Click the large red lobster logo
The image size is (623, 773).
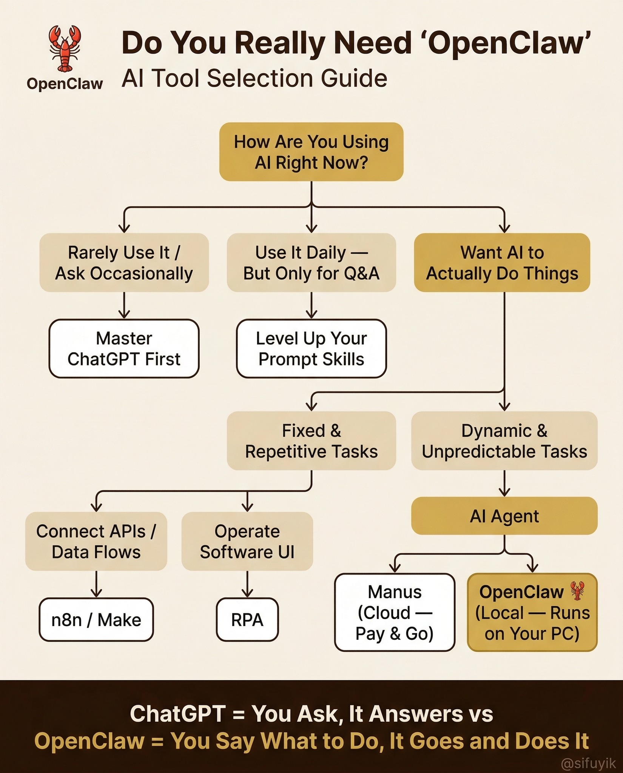click(x=65, y=48)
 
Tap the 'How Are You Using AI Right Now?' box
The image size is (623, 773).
click(x=311, y=152)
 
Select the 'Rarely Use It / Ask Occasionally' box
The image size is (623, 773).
click(x=124, y=263)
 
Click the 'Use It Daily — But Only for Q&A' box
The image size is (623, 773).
click(x=311, y=263)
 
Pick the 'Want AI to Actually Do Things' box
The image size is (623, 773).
click(x=502, y=263)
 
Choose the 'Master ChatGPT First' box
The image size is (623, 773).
click(x=124, y=348)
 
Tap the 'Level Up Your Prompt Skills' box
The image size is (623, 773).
click(x=311, y=348)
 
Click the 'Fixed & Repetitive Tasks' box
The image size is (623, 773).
click(x=311, y=441)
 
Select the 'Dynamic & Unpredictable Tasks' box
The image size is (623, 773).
click(x=504, y=441)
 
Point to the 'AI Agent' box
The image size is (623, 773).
click(x=504, y=516)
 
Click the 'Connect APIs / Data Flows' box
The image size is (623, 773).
click(x=96, y=541)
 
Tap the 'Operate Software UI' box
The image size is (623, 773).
click(x=247, y=541)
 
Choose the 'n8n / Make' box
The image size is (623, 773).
click(x=96, y=620)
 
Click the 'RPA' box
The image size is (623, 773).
click(x=247, y=620)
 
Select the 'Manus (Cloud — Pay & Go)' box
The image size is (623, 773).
click(x=395, y=613)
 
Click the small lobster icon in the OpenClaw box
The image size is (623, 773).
click(x=577, y=591)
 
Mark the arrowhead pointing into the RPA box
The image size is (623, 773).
click(x=247, y=594)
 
